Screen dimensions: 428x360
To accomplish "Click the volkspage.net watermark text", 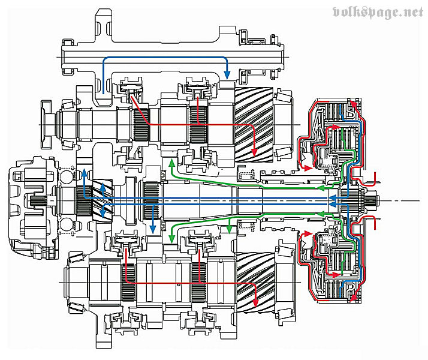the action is [378, 12].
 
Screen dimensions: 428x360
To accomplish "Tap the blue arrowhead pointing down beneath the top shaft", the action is [227, 74].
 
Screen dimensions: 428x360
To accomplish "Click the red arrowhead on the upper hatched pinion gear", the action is [254, 152].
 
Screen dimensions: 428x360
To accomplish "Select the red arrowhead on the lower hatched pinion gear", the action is [255, 302].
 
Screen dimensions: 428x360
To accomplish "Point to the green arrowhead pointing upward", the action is [171, 163].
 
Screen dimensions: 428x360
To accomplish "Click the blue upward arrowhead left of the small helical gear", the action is [85, 173].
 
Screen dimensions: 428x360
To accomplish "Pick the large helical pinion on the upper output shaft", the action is [254, 125].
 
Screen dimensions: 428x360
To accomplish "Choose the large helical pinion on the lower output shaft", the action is [255, 281].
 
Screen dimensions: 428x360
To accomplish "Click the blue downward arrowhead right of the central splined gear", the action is [153, 229].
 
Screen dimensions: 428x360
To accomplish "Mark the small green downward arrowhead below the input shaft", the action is [229, 229].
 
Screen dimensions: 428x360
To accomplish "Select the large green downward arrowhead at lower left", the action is [171, 238].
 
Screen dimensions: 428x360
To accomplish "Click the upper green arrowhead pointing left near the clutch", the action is [321, 188].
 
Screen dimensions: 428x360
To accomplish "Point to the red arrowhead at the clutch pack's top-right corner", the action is [354, 104].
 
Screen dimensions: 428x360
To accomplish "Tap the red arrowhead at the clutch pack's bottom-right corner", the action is [353, 298].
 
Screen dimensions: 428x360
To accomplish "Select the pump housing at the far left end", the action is [34, 202].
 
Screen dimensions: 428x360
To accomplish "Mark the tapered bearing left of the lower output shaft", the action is [79, 281].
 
